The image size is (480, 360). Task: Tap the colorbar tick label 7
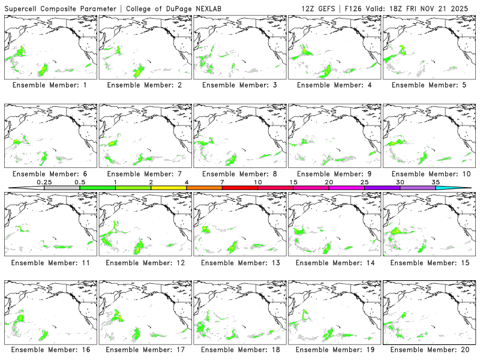pyautogui.click(x=222, y=182)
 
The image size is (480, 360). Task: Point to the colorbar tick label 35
pyautogui.click(x=436, y=182)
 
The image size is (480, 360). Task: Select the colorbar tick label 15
pyautogui.click(x=293, y=182)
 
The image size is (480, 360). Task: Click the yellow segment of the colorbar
pyautogui.click(x=169, y=188)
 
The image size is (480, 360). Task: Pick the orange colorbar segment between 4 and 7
pyautogui.click(x=204, y=188)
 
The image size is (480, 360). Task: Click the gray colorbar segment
pyautogui.click(x=62, y=188)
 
